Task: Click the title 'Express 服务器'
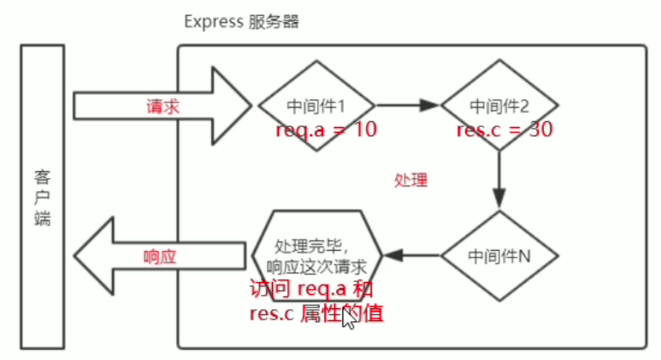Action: point(242,22)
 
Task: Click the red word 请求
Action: point(164,106)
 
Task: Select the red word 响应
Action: point(160,257)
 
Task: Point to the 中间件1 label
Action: point(316,106)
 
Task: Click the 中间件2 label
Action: point(499,106)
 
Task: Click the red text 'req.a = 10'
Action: point(326,130)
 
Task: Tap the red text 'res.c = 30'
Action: point(504,130)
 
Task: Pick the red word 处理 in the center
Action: point(411,180)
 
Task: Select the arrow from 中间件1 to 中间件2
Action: point(408,105)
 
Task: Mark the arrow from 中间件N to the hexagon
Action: point(413,256)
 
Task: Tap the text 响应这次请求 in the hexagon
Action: point(317,267)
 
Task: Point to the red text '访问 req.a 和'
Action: point(311,289)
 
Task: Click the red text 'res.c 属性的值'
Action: point(316,313)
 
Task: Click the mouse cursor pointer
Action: point(349,318)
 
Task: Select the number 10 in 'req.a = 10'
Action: point(365,129)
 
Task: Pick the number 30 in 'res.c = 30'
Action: point(541,129)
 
